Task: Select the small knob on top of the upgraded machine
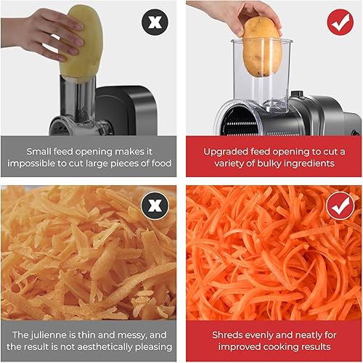295,94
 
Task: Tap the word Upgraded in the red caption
219,151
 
